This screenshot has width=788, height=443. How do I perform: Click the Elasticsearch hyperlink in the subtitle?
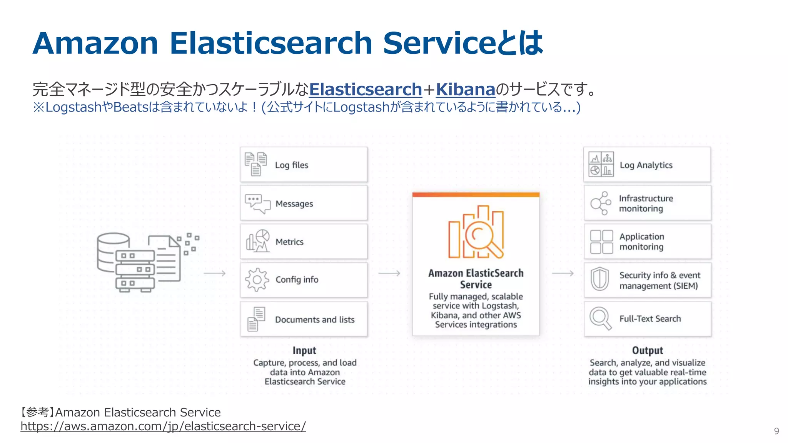pos(366,89)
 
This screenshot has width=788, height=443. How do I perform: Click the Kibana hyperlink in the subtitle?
pos(465,89)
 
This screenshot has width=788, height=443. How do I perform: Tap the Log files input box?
pos(304,165)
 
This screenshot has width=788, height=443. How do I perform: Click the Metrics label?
pos(289,242)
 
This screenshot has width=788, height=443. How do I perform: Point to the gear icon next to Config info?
pos(257,280)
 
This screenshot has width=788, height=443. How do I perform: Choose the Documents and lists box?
pos(304,319)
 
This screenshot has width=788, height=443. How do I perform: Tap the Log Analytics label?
pos(646,165)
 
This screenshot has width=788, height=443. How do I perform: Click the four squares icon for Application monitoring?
pos(601,242)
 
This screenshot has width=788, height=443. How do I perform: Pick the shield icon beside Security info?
pos(600,279)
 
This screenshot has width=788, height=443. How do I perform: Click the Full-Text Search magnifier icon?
pos(601,318)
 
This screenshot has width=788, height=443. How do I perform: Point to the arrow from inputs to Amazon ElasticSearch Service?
pos(389,273)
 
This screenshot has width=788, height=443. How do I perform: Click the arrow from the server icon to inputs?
pos(215,273)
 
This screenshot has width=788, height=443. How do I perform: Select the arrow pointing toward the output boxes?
pos(563,273)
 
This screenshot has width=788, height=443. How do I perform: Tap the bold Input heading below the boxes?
pos(304,350)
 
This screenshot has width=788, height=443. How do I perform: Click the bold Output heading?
pos(648,350)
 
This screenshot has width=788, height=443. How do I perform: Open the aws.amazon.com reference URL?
pos(163,426)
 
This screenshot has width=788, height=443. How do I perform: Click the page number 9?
pos(776,431)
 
